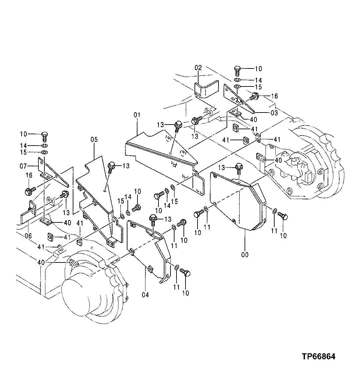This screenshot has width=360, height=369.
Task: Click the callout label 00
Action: [x=245, y=255]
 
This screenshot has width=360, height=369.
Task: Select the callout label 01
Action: [x=137, y=116]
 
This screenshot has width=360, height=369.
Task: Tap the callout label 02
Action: [x=198, y=68]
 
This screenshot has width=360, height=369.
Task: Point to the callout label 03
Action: [x=274, y=113]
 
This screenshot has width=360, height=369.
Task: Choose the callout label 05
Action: [x=94, y=139]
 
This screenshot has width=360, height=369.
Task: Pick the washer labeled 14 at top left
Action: [x=44, y=146]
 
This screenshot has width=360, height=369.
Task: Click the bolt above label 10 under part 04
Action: [x=185, y=272]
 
